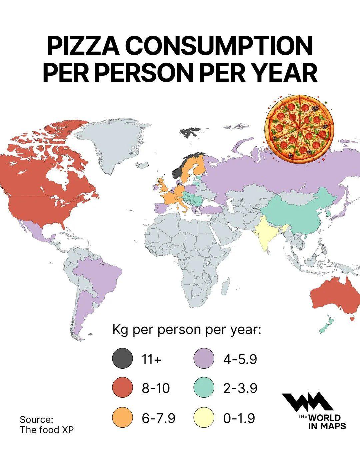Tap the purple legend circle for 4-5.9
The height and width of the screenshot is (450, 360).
pyautogui.click(x=204, y=359)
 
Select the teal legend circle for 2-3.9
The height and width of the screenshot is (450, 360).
pyautogui.click(x=204, y=388)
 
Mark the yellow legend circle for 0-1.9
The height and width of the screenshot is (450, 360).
pyautogui.click(x=204, y=417)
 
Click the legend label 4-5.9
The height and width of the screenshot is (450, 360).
pyautogui.click(x=240, y=359)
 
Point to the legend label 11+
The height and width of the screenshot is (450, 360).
pyautogui.click(x=152, y=359)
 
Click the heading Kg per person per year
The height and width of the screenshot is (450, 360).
pyautogui.click(x=186, y=330)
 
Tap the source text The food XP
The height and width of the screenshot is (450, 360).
pyautogui.click(x=46, y=429)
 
